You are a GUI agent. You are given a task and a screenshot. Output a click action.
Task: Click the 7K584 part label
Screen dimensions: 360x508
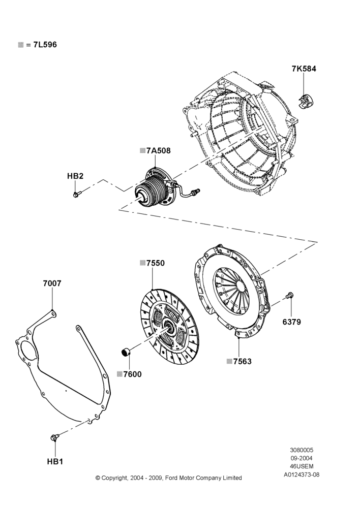(304, 69)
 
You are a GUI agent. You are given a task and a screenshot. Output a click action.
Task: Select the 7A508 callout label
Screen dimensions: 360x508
(158, 151)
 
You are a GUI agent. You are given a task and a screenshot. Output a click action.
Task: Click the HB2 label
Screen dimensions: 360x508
(75, 176)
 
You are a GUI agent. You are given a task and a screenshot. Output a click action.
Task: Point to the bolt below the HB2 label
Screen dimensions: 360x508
(77, 195)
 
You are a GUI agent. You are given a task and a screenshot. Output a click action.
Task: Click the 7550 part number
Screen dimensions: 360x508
(156, 263)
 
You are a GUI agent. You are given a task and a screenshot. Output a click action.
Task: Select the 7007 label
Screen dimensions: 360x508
(52, 283)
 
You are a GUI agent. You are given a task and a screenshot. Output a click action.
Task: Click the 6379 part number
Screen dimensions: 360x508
(291, 322)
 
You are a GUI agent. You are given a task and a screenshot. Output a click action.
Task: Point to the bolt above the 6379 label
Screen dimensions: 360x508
(290, 295)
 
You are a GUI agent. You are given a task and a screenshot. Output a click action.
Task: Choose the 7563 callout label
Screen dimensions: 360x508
(242, 362)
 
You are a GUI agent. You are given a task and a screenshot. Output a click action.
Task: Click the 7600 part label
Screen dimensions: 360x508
(133, 374)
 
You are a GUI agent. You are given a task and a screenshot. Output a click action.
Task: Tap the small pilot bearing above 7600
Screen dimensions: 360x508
(126, 351)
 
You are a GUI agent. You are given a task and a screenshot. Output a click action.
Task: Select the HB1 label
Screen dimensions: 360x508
(55, 462)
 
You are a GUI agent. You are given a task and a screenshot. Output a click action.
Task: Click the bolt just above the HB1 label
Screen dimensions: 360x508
(54, 438)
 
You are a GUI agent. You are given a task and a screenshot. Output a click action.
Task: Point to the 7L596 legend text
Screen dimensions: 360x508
(45, 45)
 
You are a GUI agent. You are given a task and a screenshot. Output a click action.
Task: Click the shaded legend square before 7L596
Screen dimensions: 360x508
(21, 45)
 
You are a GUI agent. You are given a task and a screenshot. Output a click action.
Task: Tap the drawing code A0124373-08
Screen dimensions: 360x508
(302, 474)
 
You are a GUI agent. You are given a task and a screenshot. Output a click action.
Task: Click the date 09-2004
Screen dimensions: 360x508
(302, 458)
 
